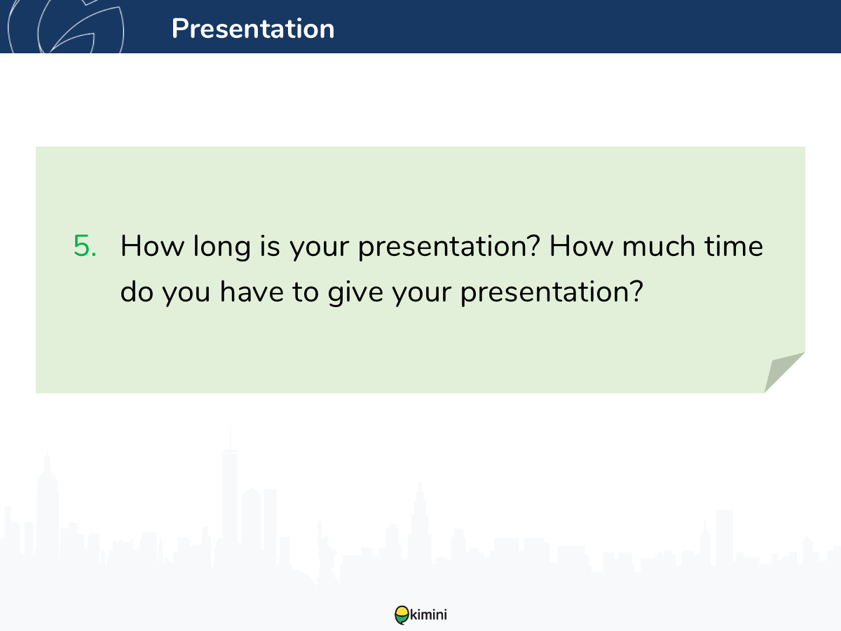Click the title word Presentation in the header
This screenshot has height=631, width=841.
tap(253, 28)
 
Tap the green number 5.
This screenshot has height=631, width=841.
tap(85, 245)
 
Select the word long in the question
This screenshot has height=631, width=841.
tap(222, 247)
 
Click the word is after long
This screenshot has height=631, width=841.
tap(270, 245)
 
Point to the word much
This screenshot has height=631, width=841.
tap(658, 245)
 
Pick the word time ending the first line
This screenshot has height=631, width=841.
tap(734, 245)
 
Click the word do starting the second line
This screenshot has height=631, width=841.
tap(137, 291)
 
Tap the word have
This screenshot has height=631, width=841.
tap(252, 291)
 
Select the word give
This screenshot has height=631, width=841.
tap(355, 293)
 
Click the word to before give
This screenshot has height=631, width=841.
tap(306, 292)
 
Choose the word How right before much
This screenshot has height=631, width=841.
tap(581, 245)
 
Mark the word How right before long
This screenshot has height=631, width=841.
tap(152, 245)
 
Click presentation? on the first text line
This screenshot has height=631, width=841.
tap(449, 247)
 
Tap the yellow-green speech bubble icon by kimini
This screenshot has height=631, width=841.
tap(402, 615)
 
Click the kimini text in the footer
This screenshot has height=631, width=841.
tap(428, 615)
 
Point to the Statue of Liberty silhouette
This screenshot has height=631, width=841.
tap(324, 551)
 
